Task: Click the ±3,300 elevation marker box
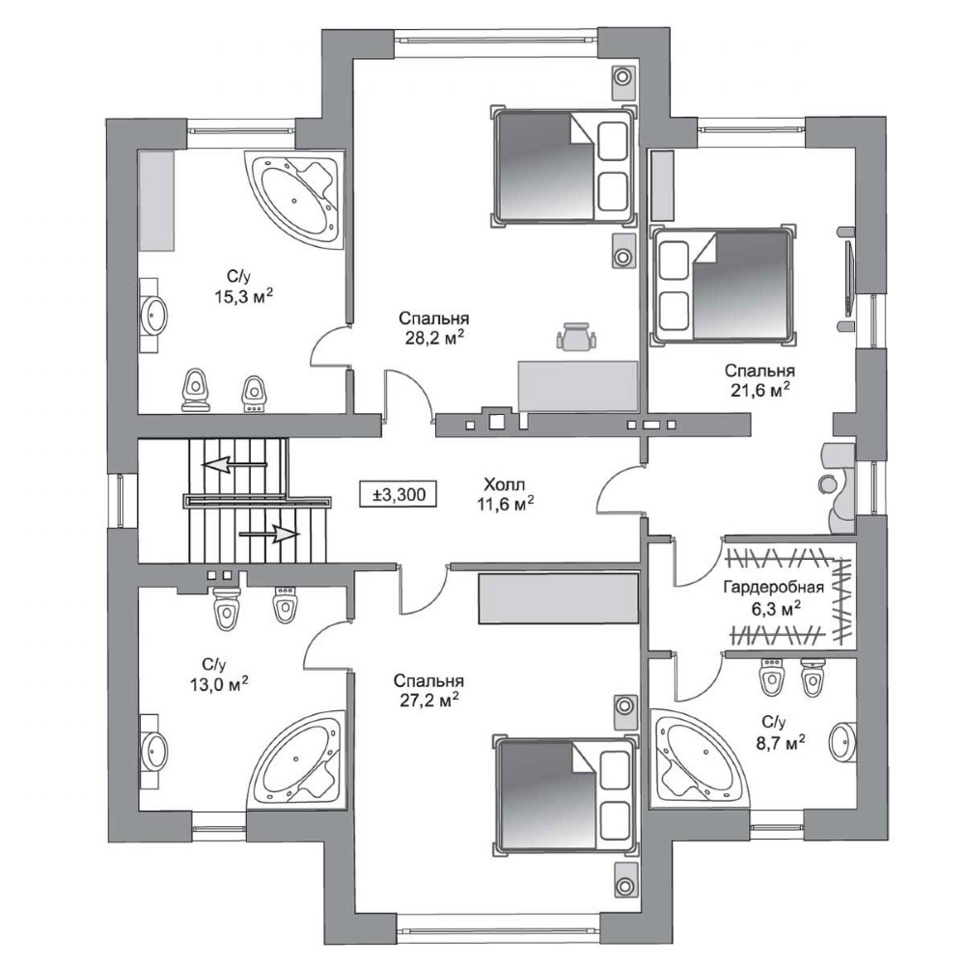399,494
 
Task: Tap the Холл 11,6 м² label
505,494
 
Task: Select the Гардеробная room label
773,587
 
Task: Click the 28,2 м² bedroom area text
434,339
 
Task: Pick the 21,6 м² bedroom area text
759,390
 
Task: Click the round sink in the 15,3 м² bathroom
153,315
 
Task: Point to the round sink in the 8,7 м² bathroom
842,741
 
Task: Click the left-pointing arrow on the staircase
235,464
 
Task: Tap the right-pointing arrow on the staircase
269,535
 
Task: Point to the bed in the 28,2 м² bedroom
564,165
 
